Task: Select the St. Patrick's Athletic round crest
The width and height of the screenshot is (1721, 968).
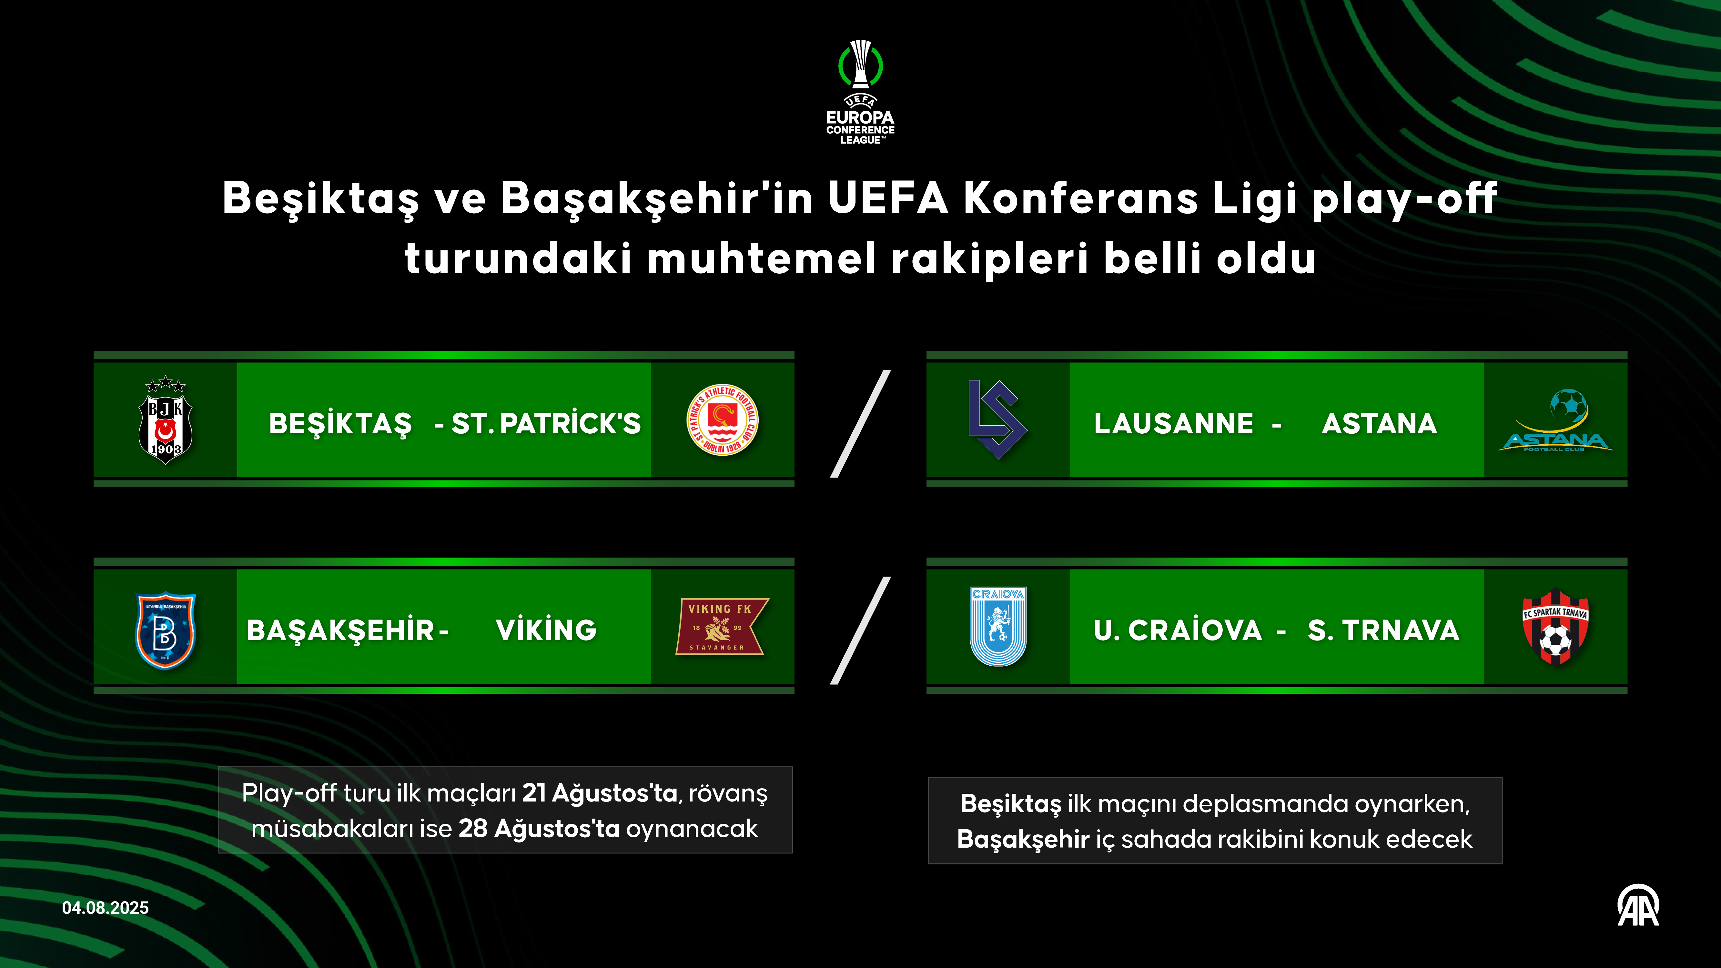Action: click(722, 420)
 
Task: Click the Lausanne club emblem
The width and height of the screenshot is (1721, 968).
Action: click(997, 419)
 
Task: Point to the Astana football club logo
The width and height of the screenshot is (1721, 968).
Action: click(1555, 421)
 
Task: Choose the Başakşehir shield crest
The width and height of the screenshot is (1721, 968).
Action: click(165, 630)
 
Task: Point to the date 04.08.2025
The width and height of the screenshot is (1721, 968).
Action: click(106, 908)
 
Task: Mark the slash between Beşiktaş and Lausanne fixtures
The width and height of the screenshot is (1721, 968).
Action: click(860, 424)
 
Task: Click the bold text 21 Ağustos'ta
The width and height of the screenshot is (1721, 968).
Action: click(599, 793)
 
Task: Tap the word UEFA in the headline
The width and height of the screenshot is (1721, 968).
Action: click(888, 198)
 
